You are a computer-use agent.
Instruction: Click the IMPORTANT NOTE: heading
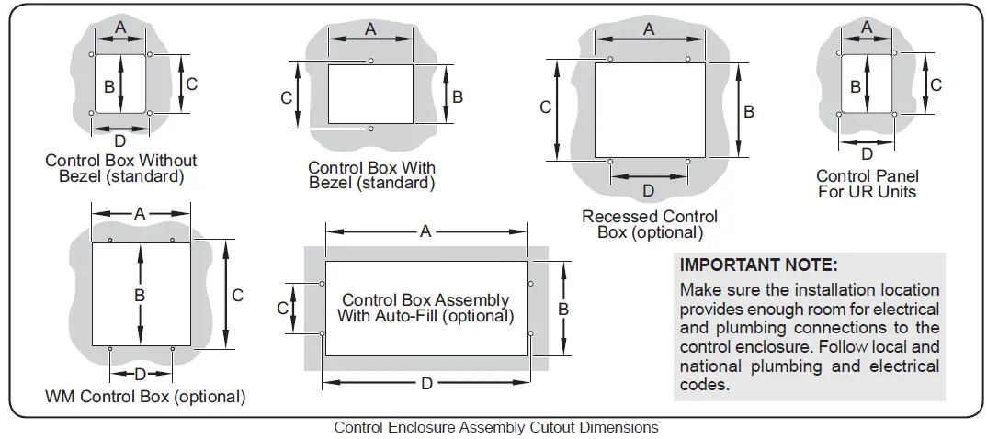point(758,265)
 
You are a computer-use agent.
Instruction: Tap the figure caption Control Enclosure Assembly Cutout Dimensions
point(496,427)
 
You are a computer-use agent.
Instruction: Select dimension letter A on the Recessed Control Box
point(649,29)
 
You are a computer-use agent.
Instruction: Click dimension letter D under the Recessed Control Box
point(648,191)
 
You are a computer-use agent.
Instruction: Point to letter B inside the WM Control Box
point(140,296)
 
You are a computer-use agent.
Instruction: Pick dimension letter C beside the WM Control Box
point(237,295)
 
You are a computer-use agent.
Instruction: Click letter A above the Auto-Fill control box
point(425,231)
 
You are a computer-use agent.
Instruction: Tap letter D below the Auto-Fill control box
point(426,384)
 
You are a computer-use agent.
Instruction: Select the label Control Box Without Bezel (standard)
point(121,168)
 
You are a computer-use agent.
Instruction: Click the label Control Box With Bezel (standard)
point(371,175)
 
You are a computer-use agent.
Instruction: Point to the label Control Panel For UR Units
point(868,184)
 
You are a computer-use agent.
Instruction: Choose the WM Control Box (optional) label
point(145,398)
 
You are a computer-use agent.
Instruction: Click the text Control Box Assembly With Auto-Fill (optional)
point(425,309)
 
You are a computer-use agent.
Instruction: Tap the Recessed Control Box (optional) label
point(650,224)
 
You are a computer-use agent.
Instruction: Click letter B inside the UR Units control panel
point(856,87)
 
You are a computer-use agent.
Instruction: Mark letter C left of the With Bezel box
point(286,96)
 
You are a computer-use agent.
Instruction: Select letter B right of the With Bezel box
point(458,96)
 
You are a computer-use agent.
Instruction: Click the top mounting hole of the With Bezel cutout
point(370,62)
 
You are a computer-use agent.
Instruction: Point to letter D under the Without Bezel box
point(119,141)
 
